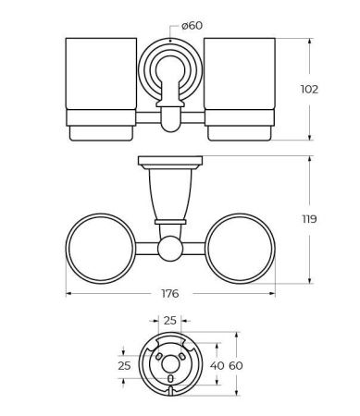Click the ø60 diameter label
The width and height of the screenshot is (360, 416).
click(192, 26)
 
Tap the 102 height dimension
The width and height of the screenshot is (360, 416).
click(309, 90)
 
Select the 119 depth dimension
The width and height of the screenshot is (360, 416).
click(309, 219)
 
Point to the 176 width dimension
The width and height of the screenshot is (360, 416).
click(170, 293)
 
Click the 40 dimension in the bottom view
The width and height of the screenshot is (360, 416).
click(217, 366)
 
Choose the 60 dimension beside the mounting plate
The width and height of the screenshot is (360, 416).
click(236, 366)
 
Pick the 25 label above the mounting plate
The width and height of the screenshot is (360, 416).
click(170, 321)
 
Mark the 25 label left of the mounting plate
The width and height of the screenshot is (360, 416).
click(124, 366)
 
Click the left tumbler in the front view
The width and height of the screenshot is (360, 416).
click(101, 90)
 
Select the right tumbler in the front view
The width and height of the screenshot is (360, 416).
click(240, 90)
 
